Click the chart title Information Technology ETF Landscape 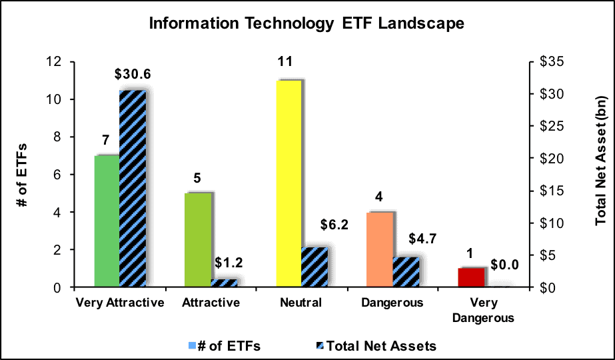[x=307, y=23]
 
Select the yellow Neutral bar [x=289, y=184]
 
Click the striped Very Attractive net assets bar [x=133, y=189]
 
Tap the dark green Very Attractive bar [x=107, y=221]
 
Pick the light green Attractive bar [x=198, y=240]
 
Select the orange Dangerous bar [x=380, y=250]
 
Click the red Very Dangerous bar [x=471, y=277]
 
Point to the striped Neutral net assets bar [x=314, y=267]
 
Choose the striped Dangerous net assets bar [x=406, y=272]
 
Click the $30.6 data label [x=133, y=74]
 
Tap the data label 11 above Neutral [x=285, y=61]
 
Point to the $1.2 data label [x=229, y=263]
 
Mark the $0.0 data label [x=505, y=265]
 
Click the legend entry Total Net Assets [x=376, y=346]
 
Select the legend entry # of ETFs [x=225, y=346]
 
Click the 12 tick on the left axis [x=54, y=61]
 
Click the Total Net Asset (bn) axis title [x=601, y=160]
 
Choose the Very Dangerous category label [x=483, y=310]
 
